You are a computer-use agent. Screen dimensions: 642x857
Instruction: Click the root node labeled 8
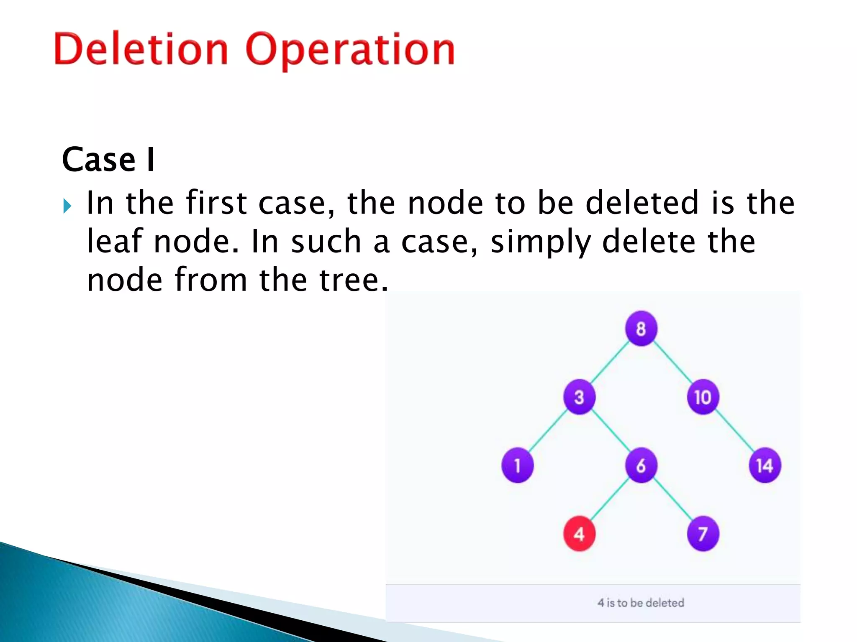point(641,329)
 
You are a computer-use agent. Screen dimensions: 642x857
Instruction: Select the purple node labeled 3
point(579,397)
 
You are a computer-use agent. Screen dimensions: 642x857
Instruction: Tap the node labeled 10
point(703,397)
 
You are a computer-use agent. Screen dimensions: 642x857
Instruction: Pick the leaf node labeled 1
point(518,465)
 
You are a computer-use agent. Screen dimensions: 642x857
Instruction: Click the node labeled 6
point(641,465)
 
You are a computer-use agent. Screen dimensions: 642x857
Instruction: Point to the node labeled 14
point(765,465)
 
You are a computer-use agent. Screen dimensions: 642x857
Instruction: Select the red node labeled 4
point(579,534)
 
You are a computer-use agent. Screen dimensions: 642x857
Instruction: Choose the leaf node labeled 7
point(703,534)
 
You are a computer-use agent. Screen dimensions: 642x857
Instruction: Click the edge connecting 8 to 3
point(610,362)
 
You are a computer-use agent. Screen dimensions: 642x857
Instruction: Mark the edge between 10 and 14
point(734,431)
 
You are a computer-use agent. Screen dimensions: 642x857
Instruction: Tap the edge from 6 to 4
point(610,499)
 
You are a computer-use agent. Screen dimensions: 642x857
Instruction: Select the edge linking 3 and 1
point(549,431)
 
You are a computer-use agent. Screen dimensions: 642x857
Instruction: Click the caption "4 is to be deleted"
point(641,603)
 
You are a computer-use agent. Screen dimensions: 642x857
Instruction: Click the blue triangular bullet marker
point(67,206)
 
